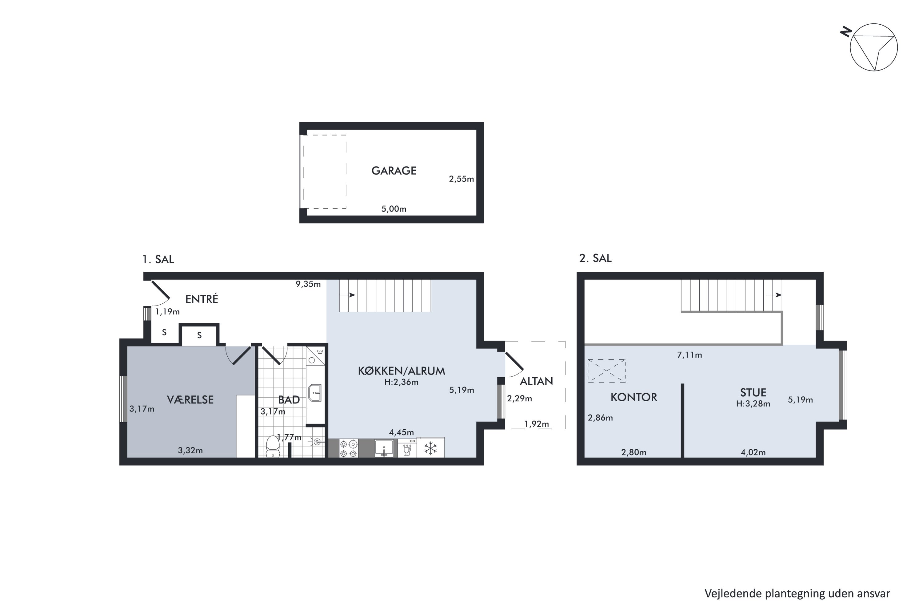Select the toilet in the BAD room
pos(273,446)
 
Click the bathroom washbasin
pos(315,393)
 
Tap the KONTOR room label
pos(634,397)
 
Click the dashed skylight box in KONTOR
pos(606,371)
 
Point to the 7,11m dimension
pos(689,355)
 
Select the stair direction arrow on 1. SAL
pos(348,295)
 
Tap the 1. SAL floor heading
pos(158,259)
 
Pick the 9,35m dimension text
pos(308,284)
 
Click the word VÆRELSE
pos(190,399)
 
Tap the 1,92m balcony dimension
pos(537,424)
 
